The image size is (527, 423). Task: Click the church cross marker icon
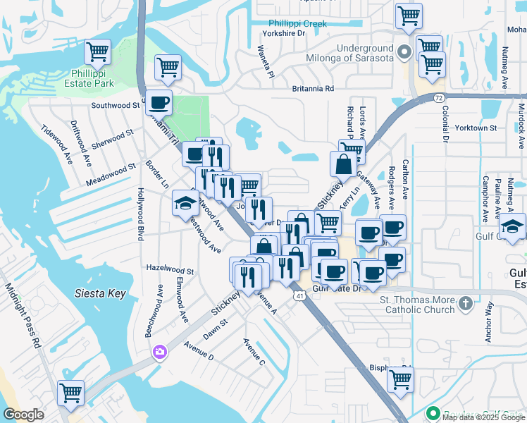pos(464,304)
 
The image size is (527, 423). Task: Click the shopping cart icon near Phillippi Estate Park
pos(97,52)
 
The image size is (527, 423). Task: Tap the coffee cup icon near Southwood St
pos(159,102)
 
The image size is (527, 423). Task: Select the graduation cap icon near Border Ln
pos(185,204)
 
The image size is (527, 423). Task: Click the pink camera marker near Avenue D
pos(160,351)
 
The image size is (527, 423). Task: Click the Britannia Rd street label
pos(313,89)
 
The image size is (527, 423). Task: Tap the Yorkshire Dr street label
pos(283,33)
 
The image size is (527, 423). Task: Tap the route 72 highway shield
pos(439,96)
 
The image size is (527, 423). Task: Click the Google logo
pos(23,415)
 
